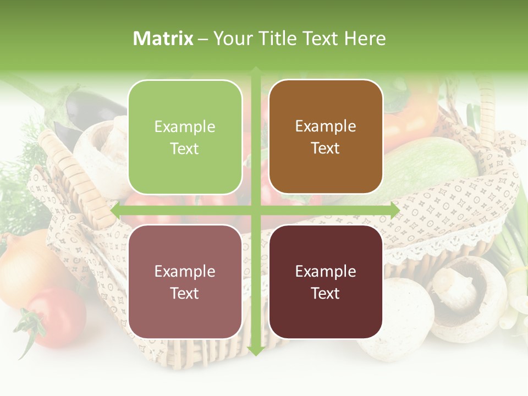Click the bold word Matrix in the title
[x=163, y=38]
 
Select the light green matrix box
[x=185, y=137]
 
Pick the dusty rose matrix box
[x=185, y=282]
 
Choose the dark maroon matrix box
[x=326, y=282]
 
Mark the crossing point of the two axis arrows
[x=256, y=211]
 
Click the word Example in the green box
[x=185, y=127]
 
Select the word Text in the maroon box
[x=326, y=293]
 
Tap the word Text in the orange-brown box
[x=326, y=148]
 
